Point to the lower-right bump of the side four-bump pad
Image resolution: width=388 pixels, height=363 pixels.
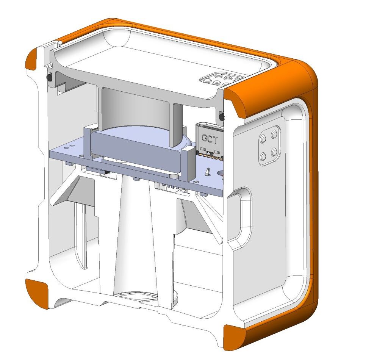point(274,152)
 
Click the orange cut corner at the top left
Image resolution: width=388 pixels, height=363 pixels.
point(31,59)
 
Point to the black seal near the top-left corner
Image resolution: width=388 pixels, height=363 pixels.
point(49,77)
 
